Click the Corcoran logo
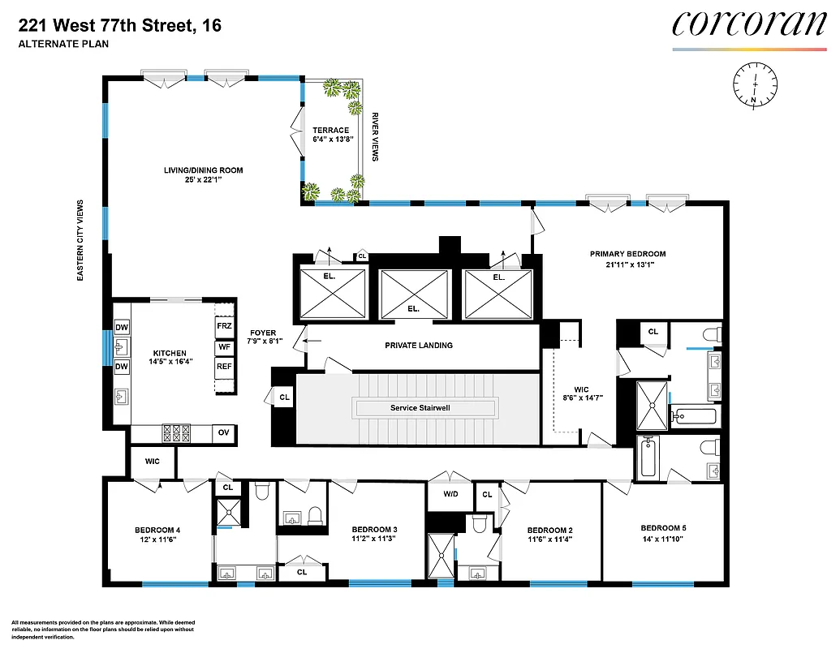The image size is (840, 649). [748, 24]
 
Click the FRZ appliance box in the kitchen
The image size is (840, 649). [225, 326]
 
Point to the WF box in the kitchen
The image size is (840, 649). [225, 346]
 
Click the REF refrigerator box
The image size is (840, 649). [225, 367]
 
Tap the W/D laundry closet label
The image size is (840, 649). [450, 494]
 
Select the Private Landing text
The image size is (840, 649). [419, 346]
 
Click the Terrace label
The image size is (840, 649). [331, 130]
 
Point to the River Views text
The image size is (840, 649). [375, 136]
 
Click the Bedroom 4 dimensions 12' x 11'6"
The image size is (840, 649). [157, 540]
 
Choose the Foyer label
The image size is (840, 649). [263, 333]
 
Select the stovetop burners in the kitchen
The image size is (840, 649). [178, 433]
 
